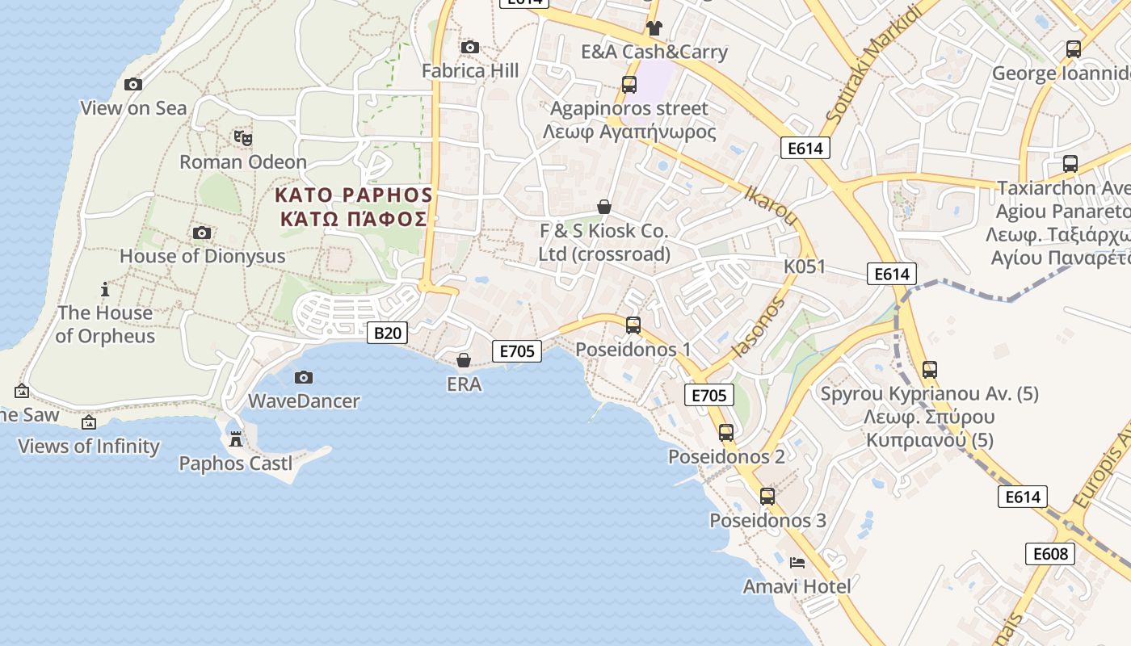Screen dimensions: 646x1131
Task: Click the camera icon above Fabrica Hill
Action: pyautogui.click(x=469, y=48)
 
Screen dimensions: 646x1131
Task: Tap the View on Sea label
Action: pyautogui.click(x=133, y=108)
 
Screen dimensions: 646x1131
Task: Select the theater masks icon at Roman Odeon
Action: pyautogui.click(x=243, y=138)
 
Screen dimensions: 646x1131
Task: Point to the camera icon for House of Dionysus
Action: pyautogui.click(x=202, y=233)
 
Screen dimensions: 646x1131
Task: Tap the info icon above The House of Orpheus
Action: pyautogui.click(x=105, y=289)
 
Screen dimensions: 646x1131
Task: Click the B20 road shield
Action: pyautogui.click(x=388, y=333)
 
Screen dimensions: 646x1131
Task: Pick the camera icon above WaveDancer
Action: pyautogui.click(x=304, y=377)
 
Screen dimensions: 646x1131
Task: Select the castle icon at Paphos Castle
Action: pyautogui.click(x=236, y=439)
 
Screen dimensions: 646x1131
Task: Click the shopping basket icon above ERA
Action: pyautogui.click(x=464, y=360)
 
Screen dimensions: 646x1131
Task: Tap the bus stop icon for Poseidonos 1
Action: pyautogui.click(x=633, y=325)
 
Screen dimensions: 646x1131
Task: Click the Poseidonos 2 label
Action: pyautogui.click(x=725, y=457)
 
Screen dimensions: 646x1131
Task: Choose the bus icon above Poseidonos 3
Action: pyautogui.click(x=767, y=497)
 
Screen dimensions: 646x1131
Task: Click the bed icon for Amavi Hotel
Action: pyautogui.click(x=797, y=562)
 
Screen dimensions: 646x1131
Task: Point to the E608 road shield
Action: pyautogui.click(x=1050, y=554)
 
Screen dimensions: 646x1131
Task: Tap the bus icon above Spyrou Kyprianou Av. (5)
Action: pyautogui.click(x=930, y=370)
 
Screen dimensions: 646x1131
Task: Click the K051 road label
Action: pyautogui.click(x=805, y=266)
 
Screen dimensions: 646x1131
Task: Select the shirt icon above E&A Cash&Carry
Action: pyautogui.click(x=654, y=28)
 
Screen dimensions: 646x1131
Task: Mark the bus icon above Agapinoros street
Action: pyautogui.click(x=629, y=84)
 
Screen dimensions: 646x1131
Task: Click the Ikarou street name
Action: pyautogui.click(x=771, y=205)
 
